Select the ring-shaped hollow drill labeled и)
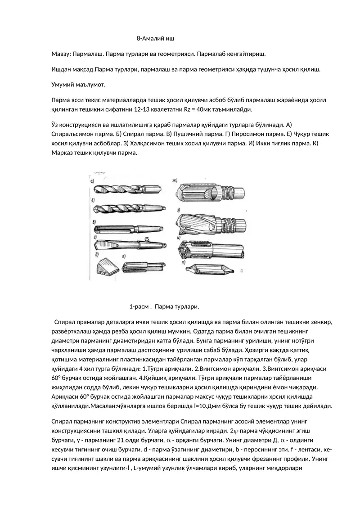pos(211,249)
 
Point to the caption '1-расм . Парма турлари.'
pos(164,306)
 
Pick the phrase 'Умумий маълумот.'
pos(78,85)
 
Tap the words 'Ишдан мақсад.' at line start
pos(72,70)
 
